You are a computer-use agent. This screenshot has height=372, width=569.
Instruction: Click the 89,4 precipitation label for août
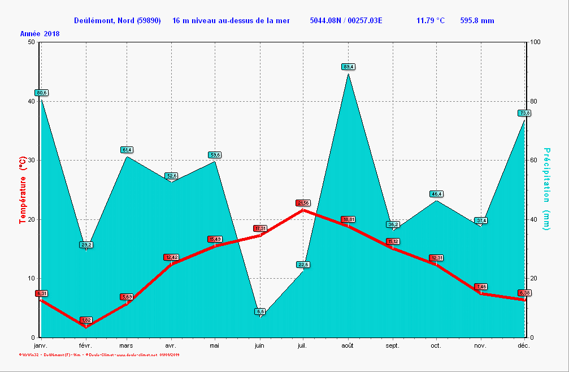coord(349,67)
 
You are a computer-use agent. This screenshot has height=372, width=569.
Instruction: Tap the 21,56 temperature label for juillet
coord(303,203)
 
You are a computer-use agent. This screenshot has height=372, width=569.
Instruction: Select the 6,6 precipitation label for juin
coord(260,311)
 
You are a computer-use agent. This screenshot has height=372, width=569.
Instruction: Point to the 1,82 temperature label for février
coord(86,320)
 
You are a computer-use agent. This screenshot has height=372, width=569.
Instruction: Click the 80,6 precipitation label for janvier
coord(41,93)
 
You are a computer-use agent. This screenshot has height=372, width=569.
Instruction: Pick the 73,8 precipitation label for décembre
coord(524,113)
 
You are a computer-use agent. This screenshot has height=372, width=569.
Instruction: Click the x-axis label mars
coord(127,345)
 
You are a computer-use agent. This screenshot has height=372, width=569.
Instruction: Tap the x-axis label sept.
coord(392,345)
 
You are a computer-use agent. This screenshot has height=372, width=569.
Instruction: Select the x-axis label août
coord(348,345)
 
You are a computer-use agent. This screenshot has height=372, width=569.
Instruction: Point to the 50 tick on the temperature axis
coord(31,42)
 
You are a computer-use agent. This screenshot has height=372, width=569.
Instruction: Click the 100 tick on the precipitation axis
coord(535,42)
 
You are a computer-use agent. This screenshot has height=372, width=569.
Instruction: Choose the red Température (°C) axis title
coord(23,190)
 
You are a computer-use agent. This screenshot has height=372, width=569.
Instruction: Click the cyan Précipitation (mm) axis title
coord(546,189)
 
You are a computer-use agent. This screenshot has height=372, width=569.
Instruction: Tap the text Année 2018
coord(40,34)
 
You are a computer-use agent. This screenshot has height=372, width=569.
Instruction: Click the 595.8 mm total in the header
coord(477,21)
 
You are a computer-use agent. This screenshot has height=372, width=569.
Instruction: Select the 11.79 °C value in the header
coord(430,21)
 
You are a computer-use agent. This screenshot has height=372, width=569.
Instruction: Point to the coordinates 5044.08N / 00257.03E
coord(346,21)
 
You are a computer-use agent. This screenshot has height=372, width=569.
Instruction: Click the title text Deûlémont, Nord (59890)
coord(117,21)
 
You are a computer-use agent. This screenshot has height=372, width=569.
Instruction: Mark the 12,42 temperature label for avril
coord(171,257)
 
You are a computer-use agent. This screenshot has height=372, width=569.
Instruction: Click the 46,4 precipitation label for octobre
coord(436,194)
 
